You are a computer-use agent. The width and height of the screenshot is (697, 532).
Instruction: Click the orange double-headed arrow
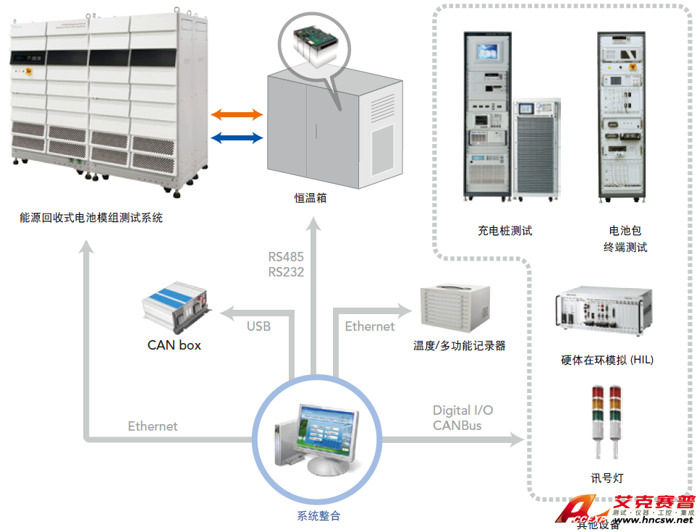237,114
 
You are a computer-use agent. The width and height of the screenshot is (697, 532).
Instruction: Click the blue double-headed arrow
237,138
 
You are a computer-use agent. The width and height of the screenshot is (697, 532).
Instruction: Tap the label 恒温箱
311,197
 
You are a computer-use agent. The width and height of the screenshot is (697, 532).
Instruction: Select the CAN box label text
174,345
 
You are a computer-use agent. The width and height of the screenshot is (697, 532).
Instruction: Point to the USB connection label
258,326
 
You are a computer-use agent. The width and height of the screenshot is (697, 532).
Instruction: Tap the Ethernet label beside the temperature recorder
370,326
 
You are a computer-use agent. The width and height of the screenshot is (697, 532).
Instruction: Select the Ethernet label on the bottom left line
153,426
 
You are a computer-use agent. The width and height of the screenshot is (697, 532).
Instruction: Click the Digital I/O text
463,410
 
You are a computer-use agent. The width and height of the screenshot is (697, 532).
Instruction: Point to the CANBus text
457,426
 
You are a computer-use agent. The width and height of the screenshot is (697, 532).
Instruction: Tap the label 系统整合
318,516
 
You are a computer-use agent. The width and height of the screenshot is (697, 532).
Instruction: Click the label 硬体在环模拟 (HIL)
607,360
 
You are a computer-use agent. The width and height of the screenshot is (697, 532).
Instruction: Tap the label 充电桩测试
504,231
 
